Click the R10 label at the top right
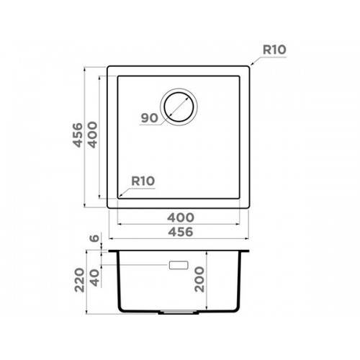(274, 50)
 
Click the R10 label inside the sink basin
(143, 181)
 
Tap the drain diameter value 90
(150, 118)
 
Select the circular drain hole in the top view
(179, 107)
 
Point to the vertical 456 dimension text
(78, 135)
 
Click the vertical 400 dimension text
(93, 135)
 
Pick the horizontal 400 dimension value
(181, 217)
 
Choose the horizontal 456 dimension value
(181, 232)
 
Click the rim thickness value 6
(94, 238)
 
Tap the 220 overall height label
(79, 280)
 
